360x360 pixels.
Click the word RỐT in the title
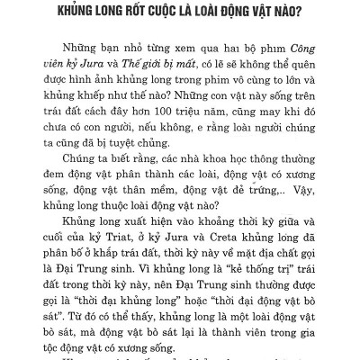(138, 15)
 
